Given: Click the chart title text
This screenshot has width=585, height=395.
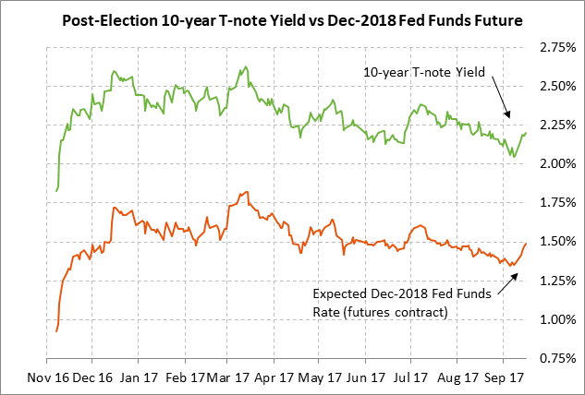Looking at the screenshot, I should (x=292, y=19).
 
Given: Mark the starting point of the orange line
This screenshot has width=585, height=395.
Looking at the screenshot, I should (x=56, y=330).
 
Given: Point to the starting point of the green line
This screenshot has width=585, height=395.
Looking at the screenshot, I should (x=56, y=191).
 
